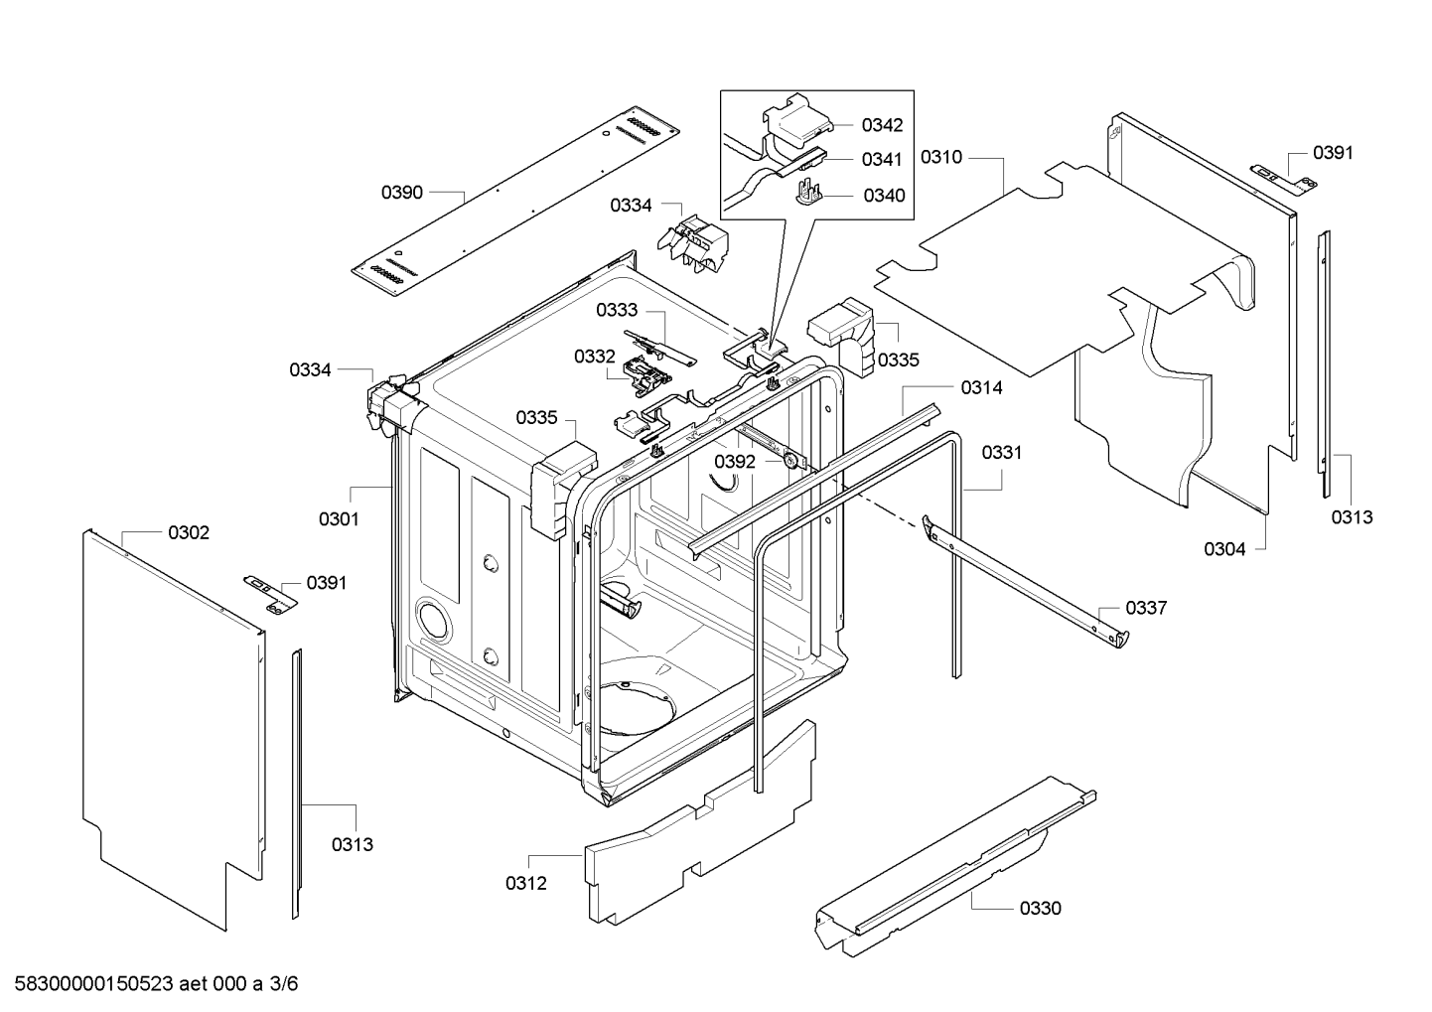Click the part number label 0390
(x=402, y=193)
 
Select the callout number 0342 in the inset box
(x=882, y=125)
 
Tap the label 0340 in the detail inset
(x=884, y=196)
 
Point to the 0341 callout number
(x=882, y=159)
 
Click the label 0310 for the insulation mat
(x=940, y=157)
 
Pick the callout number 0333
(x=617, y=311)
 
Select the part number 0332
(x=595, y=356)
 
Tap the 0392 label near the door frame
(x=735, y=462)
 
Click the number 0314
(x=981, y=388)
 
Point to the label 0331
(x=1002, y=453)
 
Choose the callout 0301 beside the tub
(x=339, y=518)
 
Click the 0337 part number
(x=1146, y=608)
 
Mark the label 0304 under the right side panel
(x=1224, y=548)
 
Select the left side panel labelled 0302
(x=169, y=725)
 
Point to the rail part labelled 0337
(x=1023, y=576)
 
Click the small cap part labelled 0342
(x=799, y=119)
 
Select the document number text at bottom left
(x=150, y=984)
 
